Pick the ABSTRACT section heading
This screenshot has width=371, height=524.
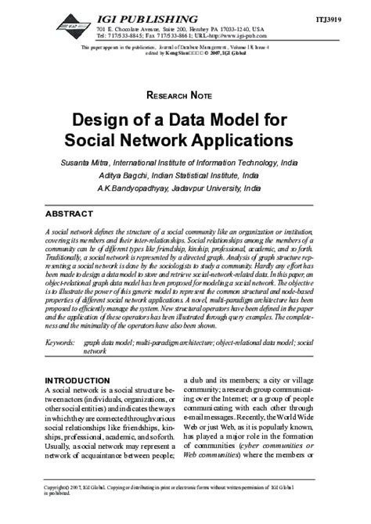tap(74, 214)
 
